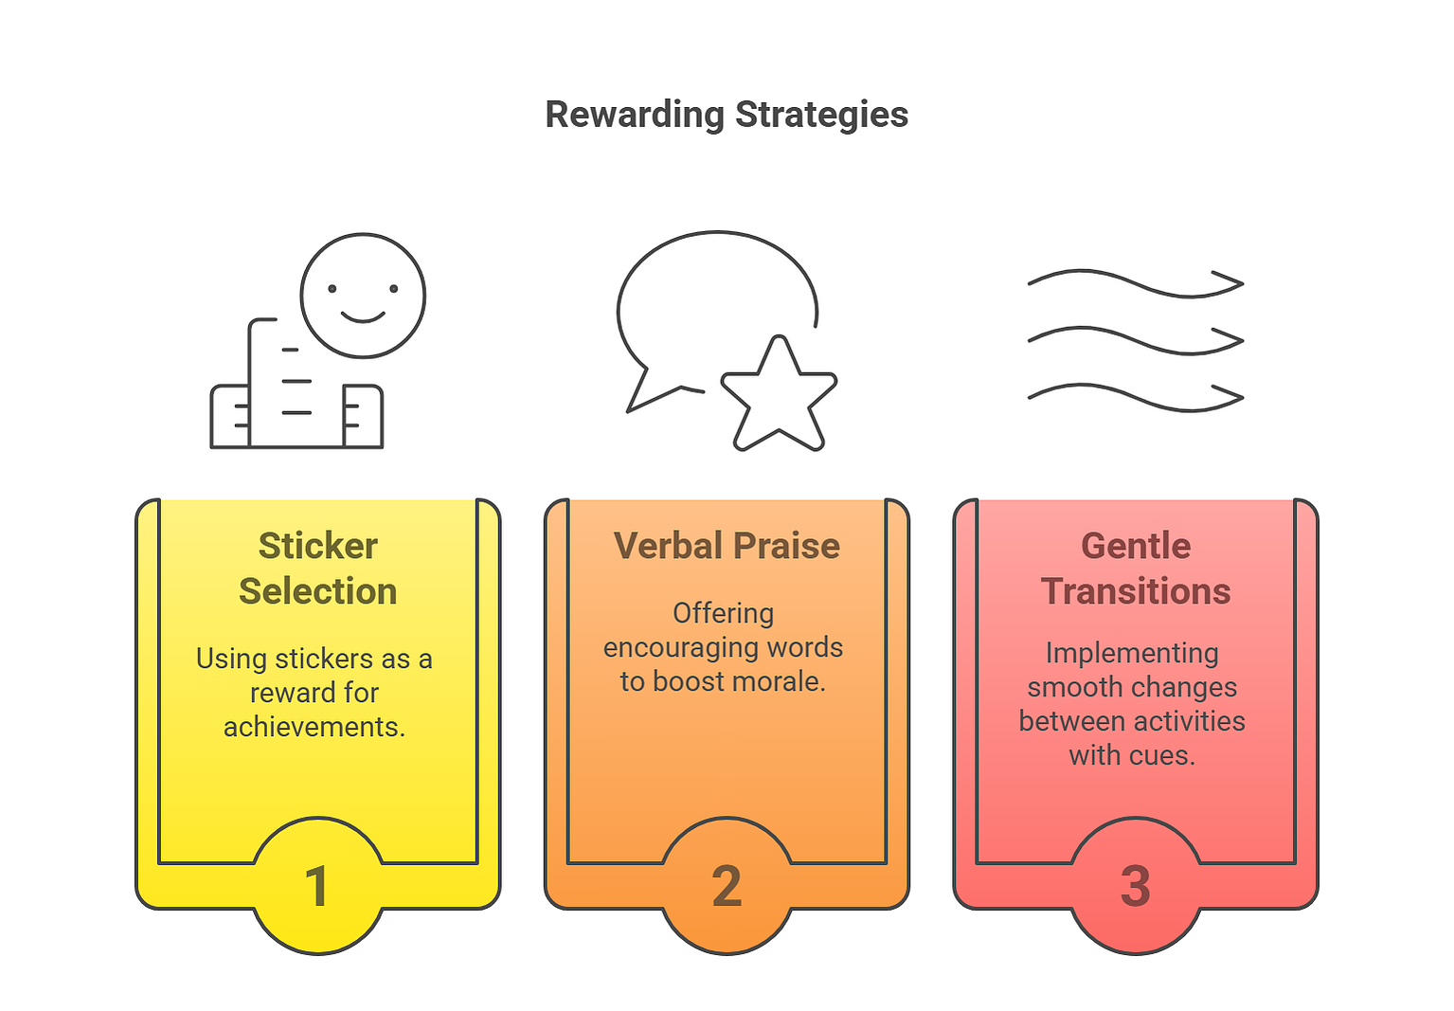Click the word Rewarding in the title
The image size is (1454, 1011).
(x=635, y=116)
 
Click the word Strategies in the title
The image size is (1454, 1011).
(x=821, y=116)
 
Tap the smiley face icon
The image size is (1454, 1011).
(x=363, y=296)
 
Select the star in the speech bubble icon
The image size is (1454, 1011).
(x=779, y=393)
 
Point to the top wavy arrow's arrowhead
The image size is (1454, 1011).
(x=1227, y=283)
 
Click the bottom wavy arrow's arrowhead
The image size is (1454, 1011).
(x=1227, y=397)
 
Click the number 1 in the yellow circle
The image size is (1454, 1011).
(x=316, y=886)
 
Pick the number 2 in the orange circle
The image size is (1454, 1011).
(x=727, y=886)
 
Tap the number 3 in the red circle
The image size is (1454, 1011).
(x=1136, y=886)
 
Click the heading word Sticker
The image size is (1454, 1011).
(x=318, y=546)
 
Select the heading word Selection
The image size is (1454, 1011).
(x=318, y=591)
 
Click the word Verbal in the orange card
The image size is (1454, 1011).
(x=665, y=546)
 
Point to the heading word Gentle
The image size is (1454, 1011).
(x=1136, y=546)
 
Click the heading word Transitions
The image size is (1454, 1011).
(x=1136, y=591)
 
